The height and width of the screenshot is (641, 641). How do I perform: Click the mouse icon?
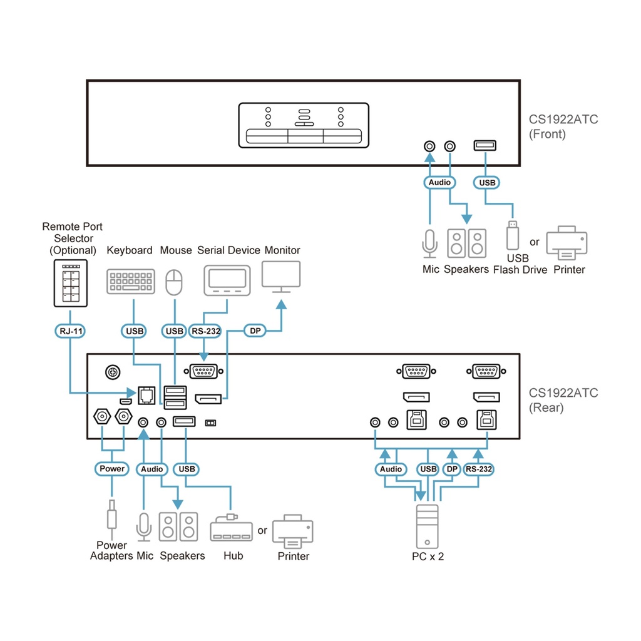[174, 282]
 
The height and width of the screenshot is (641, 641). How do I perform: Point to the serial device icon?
[227, 280]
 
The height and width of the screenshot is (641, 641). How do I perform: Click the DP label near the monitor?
[255, 331]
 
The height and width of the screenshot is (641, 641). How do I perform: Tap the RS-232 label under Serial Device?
[205, 331]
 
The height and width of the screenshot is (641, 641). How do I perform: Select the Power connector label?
[112, 468]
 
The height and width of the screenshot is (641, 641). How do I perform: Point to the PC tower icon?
[428, 526]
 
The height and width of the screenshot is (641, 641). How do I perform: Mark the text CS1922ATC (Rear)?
[563, 400]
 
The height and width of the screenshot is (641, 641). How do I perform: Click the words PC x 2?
[428, 556]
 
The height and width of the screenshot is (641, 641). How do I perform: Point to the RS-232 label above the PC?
[479, 469]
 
